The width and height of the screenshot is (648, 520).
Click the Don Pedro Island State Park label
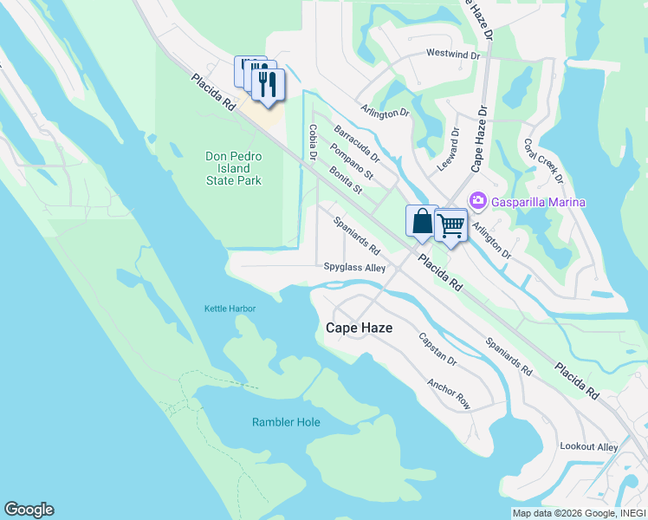coord(233,168)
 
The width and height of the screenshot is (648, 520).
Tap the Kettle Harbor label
coord(230,309)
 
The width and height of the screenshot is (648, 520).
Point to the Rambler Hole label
coord(286,422)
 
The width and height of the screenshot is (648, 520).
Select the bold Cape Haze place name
coord(359,328)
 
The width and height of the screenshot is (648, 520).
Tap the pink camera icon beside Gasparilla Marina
coord(476,201)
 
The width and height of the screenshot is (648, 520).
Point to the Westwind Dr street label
coord(452,54)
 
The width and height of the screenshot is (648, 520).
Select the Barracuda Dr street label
coord(357,144)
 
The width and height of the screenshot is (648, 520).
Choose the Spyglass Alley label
coord(354,269)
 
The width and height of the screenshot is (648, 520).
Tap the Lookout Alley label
coord(589,446)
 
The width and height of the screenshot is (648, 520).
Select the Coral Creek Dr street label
coord(543,161)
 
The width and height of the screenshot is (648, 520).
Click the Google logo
coord(29,510)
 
